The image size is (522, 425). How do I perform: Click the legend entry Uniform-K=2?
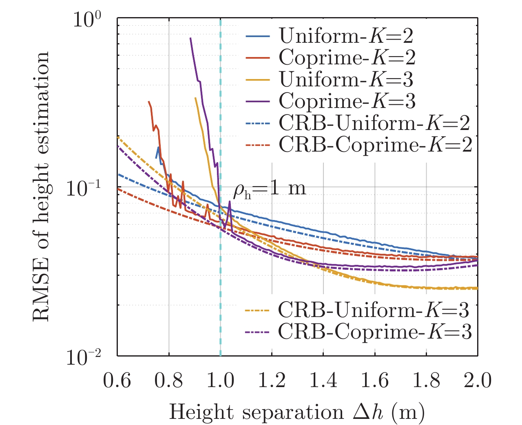(x=346, y=36)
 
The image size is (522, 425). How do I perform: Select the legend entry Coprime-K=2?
(x=347, y=57)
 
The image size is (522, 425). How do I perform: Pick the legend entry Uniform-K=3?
(x=346, y=79)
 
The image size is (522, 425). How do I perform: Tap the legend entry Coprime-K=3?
(x=347, y=101)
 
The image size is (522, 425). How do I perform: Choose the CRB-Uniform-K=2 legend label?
(x=374, y=122)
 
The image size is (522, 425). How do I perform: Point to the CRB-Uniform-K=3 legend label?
(x=373, y=310)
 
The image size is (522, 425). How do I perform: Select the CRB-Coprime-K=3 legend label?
(x=375, y=332)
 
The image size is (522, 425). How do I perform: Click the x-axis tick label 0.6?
(x=117, y=381)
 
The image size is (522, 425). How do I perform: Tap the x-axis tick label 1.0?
(x=220, y=381)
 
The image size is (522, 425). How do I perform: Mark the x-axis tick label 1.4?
(x=323, y=381)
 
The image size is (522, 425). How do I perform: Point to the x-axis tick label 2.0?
(x=477, y=381)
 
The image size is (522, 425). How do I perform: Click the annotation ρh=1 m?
(x=269, y=189)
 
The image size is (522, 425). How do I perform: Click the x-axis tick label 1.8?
(x=426, y=381)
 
